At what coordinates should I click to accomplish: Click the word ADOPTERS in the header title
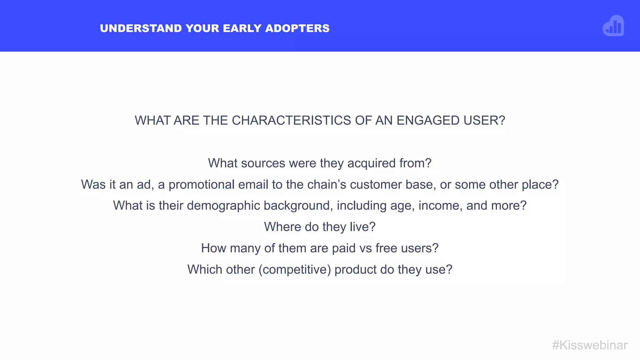(x=297, y=28)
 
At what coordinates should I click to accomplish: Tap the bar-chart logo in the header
(x=613, y=26)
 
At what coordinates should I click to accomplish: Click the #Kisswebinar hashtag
(x=590, y=345)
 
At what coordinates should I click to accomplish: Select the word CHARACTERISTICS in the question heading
(x=291, y=121)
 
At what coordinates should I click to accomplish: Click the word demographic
(x=223, y=206)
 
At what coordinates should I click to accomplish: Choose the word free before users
(x=386, y=248)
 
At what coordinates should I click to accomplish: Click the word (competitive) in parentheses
(x=294, y=270)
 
